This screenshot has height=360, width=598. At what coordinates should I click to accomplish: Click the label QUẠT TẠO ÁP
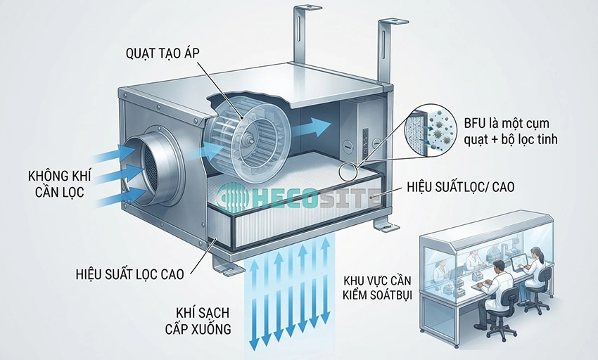coord(163,53)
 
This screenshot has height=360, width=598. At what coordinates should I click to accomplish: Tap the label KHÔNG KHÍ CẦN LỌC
coord(60,184)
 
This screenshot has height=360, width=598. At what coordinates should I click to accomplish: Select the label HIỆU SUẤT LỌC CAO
coord(130,274)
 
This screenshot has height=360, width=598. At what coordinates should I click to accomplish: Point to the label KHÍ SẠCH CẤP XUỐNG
coord(198,321)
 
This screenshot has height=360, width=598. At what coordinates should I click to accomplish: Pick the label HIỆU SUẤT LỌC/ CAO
coord(461,187)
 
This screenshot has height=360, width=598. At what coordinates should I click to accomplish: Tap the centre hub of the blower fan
coord(251,139)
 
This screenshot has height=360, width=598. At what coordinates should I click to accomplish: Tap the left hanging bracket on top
coord(301,34)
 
